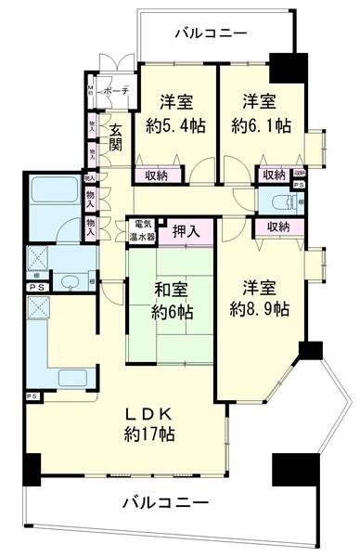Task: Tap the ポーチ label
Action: [116, 91]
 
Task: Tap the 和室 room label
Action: [170, 290]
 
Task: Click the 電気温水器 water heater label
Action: [143, 230]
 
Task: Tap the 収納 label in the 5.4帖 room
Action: [156, 175]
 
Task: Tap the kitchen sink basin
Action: [70, 377]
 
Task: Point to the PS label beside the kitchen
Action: [32, 397]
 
